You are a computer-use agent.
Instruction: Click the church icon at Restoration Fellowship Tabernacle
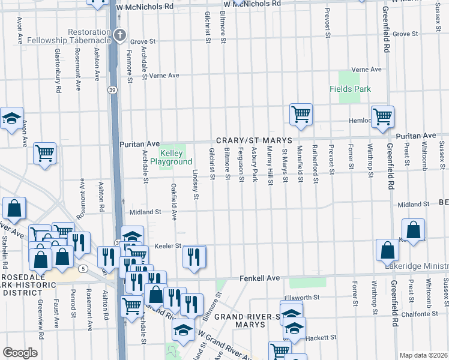pos(120,35)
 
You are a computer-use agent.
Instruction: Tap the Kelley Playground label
pos(175,157)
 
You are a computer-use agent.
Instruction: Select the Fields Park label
pos(350,89)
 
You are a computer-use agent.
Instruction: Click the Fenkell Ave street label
pos(260,278)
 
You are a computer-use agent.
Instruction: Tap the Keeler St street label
pos(169,246)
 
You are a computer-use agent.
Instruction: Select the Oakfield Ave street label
pos(174,202)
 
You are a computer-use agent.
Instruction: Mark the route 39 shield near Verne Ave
pos(112,89)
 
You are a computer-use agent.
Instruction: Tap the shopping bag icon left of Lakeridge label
pos(387,250)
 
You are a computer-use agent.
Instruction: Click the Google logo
pos(20,353)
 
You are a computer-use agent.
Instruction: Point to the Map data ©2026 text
pos(423,355)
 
